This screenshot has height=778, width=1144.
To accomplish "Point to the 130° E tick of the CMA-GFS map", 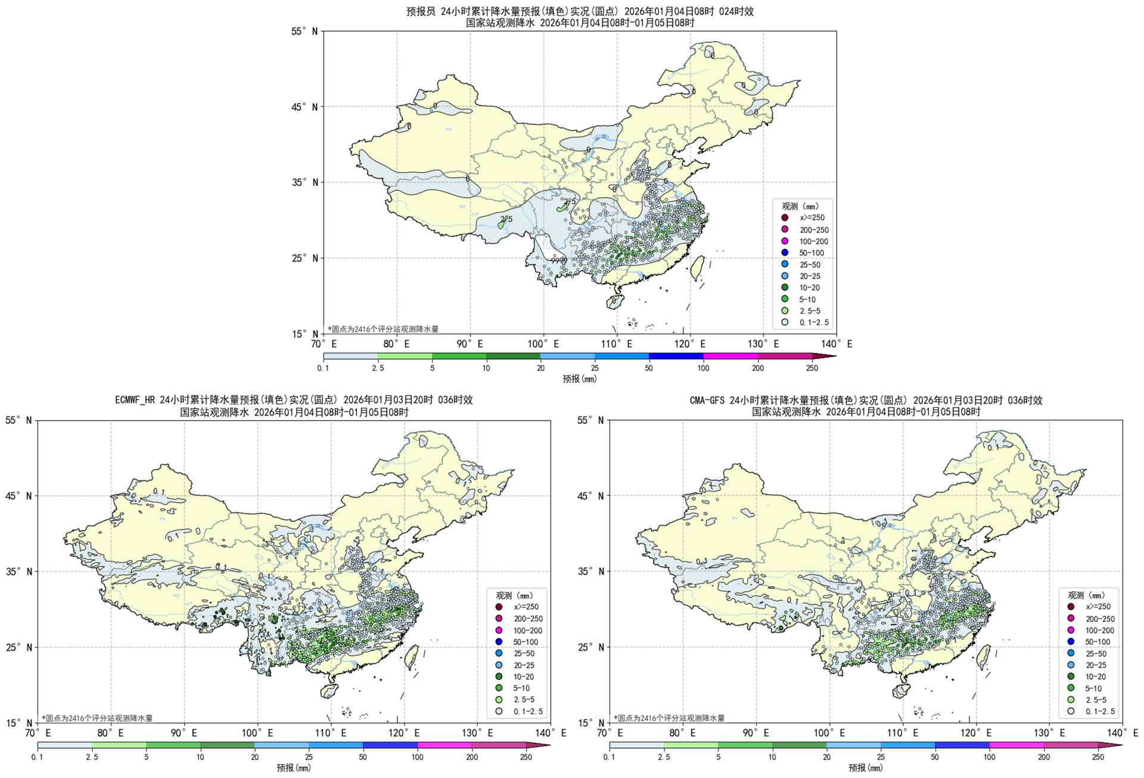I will [x=1050, y=723].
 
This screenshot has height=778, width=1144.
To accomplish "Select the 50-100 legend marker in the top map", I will [x=785, y=253].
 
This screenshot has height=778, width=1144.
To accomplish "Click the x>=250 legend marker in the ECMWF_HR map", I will [x=499, y=607].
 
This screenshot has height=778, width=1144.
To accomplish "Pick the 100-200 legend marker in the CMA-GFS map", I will [x=1071, y=630].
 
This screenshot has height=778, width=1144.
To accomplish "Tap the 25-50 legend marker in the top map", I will [x=785, y=264].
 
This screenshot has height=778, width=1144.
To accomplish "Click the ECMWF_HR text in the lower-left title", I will [x=135, y=400].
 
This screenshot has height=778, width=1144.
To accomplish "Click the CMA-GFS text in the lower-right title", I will [x=707, y=400].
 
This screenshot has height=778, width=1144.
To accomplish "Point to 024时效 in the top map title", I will [x=736, y=11].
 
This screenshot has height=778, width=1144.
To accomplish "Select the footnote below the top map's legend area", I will [x=383, y=329].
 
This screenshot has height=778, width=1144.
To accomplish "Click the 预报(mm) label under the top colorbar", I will [x=579, y=379].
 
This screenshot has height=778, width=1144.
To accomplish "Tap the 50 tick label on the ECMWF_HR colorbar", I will [x=363, y=757].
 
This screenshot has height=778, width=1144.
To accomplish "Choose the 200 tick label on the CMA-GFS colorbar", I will [x=1044, y=757].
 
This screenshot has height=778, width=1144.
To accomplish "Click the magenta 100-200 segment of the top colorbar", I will [x=730, y=356].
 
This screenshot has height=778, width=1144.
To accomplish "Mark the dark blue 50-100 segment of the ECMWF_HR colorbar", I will [x=390, y=745].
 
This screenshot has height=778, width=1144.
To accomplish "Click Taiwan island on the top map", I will [x=698, y=267].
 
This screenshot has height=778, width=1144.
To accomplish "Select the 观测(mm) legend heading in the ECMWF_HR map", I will [x=514, y=595].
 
